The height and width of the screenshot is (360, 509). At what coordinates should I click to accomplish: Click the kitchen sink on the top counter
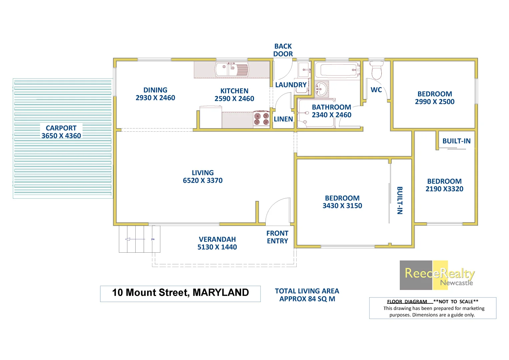(232, 70)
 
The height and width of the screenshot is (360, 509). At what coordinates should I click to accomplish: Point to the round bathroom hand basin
(321, 88)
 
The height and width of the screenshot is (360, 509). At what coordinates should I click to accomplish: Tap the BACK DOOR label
(283, 50)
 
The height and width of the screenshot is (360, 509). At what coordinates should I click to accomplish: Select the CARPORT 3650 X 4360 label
(61, 132)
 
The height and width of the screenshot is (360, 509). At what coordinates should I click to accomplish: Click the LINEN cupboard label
(283, 119)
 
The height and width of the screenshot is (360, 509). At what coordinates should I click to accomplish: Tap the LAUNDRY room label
(291, 85)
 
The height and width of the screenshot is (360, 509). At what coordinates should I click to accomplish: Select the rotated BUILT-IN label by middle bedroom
(400, 200)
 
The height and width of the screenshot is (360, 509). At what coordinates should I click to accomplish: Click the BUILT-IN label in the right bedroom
(456, 141)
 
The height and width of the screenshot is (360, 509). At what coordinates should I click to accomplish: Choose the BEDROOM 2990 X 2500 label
(435, 98)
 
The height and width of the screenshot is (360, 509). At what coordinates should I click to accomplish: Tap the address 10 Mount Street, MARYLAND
(180, 293)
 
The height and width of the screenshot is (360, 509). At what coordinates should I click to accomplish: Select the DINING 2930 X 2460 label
(155, 94)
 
